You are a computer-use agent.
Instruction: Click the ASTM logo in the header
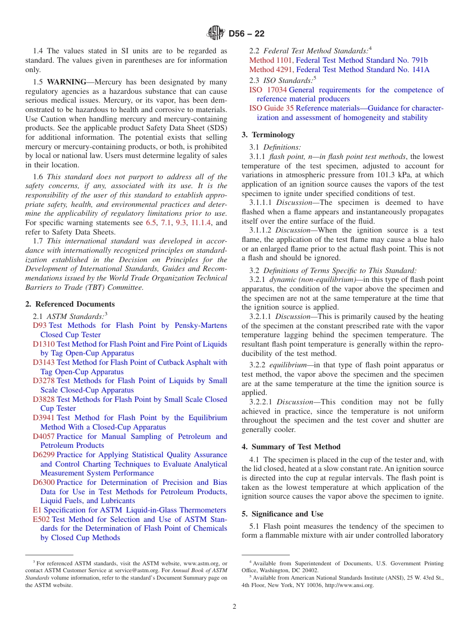tap(216, 33)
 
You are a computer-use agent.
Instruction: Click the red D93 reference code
tap(39, 325)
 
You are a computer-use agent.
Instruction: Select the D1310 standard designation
tap(43, 344)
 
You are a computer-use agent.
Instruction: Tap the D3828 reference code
tap(43, 399)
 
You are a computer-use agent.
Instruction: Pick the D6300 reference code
tap(43, 482)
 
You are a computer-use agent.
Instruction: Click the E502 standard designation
tap(41, 519)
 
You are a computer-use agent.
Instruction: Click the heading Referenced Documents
tap(75, 304)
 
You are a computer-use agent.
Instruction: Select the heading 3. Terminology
tap(268, 135)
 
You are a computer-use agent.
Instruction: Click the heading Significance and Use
tap(291, 513)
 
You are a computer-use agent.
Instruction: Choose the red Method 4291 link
tap(271, 70)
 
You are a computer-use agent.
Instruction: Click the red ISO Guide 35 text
tap(271, 108)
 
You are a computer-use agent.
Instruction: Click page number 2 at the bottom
tap(234, 607)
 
